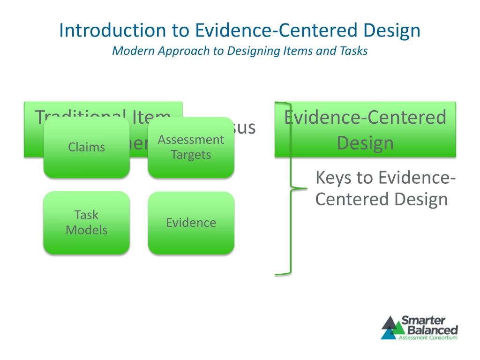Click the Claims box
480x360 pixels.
86,147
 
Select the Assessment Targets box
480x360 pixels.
191,147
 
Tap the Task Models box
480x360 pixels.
86,223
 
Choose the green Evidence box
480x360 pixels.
191,223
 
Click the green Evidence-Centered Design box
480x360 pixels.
365,129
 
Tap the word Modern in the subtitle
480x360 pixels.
133,51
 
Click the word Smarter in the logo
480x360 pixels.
423,321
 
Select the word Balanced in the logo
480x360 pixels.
429,330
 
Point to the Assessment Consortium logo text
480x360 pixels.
427,337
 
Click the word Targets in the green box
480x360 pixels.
191,155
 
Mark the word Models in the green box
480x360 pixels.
86,230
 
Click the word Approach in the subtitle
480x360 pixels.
184,51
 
